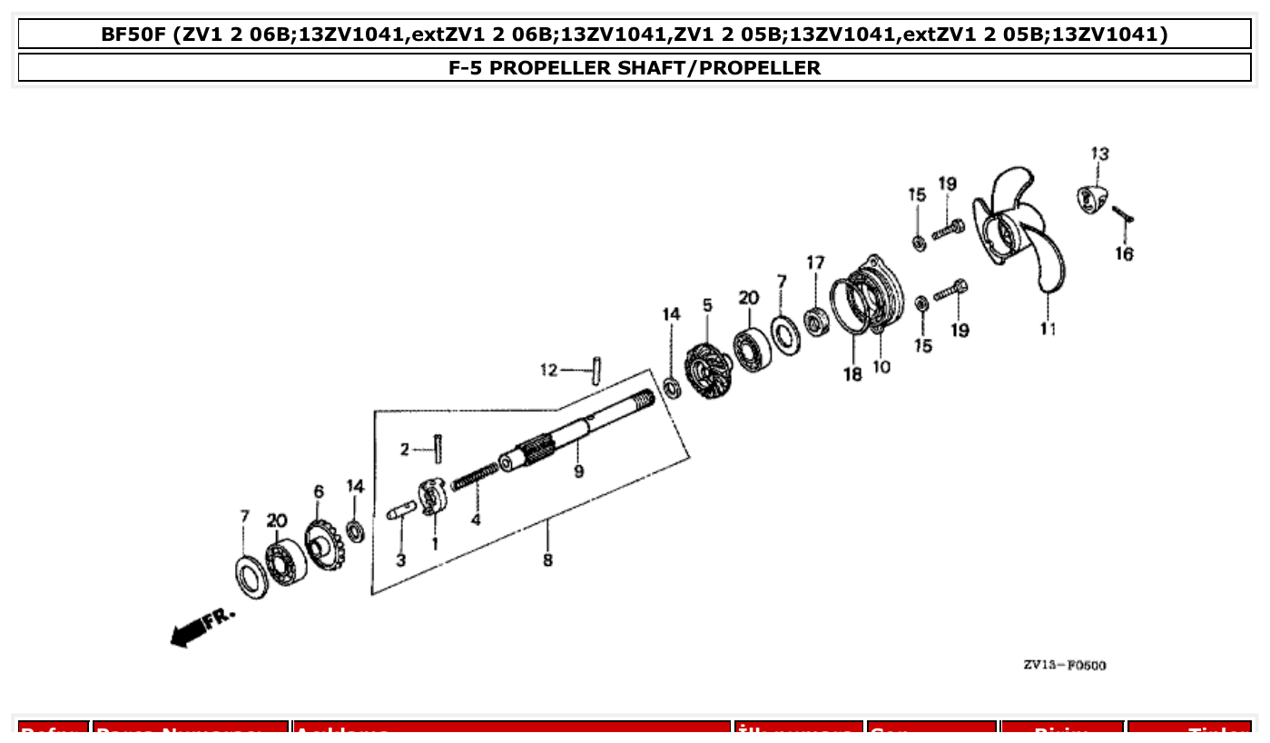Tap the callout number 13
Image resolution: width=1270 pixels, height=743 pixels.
pos(1099,154)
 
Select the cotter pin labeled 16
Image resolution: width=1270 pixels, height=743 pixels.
pos(1123,215)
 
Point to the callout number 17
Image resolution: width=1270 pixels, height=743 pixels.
pos(815,263)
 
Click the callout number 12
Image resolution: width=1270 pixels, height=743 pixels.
pos(549,370)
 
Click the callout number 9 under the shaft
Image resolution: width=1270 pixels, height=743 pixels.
pos(578,471)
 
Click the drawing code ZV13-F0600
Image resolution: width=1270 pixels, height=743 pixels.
pos(1064,666)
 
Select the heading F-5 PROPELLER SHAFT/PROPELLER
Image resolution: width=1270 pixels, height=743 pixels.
pos(635,68)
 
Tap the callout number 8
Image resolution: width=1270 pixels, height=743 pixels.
pos(547,560)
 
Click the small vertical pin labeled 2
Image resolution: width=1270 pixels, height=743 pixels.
pos(438,449)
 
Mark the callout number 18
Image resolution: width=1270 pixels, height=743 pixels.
pos(852,374)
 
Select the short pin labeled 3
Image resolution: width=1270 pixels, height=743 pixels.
pos(399,513)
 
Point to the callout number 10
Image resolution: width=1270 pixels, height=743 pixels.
pos(881,367)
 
